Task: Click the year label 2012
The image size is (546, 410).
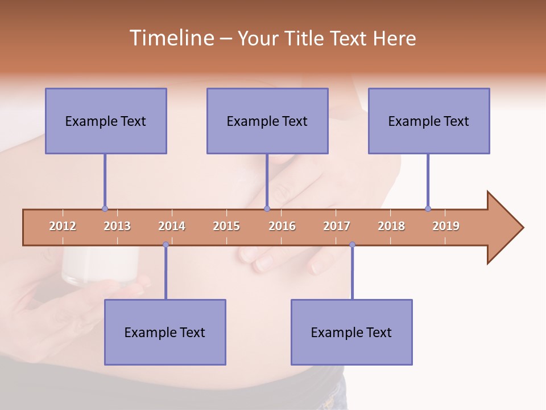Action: pyautogui.click(x=63, y=226)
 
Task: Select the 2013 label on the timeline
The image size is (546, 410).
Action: pyautogui.click(x=117, y=226)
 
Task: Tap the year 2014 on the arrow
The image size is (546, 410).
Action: pyautogui.click(x=172, y=226)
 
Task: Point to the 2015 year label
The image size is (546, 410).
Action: pyautogui.click(x=226, y=226)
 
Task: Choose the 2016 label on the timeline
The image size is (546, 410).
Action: pyautogui.click(x=282, y=226)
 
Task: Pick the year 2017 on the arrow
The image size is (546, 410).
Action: pyautogui.click(x=337, y=226)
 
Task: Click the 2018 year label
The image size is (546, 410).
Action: pyautogui.click(x=391, y=226)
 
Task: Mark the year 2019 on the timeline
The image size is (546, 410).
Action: pyautogui.click(x=446, y=226)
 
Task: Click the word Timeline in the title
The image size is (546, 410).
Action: pyautogui.click(x=170, y=38)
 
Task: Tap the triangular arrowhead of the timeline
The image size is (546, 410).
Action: pyautogui.click(x=504, y=228)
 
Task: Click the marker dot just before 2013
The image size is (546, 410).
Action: pyautogui.click(x=105, y=208)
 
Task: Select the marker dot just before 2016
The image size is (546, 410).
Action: pyautogui.click(x=267, y=208)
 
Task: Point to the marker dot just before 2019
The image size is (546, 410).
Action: pyautogui.click(x=428, y=208)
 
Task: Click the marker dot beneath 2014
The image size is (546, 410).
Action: pyautogui.click(x=166, y=245)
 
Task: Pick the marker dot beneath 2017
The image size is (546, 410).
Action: pyautogui.click(x=352, y=245)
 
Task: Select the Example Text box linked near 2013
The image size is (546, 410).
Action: pyautogui.click(x=106, y=121)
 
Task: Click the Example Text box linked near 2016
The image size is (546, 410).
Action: pyautogui.click(x=267, y=121)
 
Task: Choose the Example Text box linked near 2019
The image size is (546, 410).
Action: pyautogui.click(x=429, y=121)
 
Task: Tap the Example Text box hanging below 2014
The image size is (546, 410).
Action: pyautogui.click(x=165, y=332)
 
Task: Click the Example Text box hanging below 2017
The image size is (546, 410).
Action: pyautogui.click(x=351, y=332)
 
